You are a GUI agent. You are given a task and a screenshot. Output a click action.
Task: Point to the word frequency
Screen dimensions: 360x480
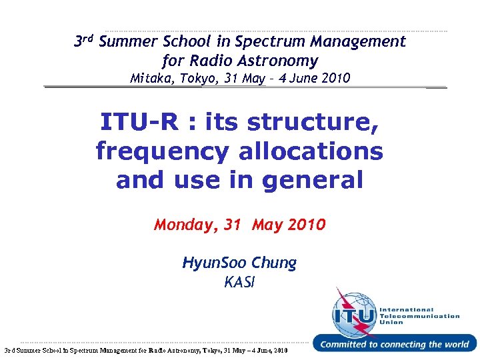click(163, 151)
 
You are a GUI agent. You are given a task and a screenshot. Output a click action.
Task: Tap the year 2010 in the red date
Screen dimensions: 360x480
click(307, 225)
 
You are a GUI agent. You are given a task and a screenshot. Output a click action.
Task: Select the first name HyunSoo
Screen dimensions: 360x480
click(214, 263)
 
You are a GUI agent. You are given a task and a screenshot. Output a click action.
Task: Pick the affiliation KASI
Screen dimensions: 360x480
click(239, 282)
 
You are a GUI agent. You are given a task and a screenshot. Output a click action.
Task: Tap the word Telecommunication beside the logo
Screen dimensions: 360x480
click(419, 316)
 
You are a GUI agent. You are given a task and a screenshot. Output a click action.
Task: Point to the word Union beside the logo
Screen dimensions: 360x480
click(391, 323)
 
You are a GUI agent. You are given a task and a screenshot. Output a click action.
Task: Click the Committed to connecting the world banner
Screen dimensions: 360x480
click(394, 345)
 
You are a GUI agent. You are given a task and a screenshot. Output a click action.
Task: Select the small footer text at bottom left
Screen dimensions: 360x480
click(145, 350)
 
